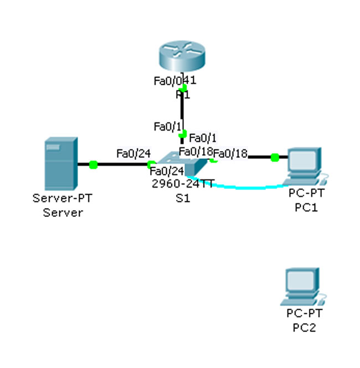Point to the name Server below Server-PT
pos(63,212)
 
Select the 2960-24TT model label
pos(182,184)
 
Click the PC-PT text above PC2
pos(304,314)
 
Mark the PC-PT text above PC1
pos(305,194)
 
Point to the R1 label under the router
pos(183,95)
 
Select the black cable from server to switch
pos(122,164)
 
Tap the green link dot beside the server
pos(93,164)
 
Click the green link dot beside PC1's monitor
pos(275,158)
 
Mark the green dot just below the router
pos(184,87)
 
